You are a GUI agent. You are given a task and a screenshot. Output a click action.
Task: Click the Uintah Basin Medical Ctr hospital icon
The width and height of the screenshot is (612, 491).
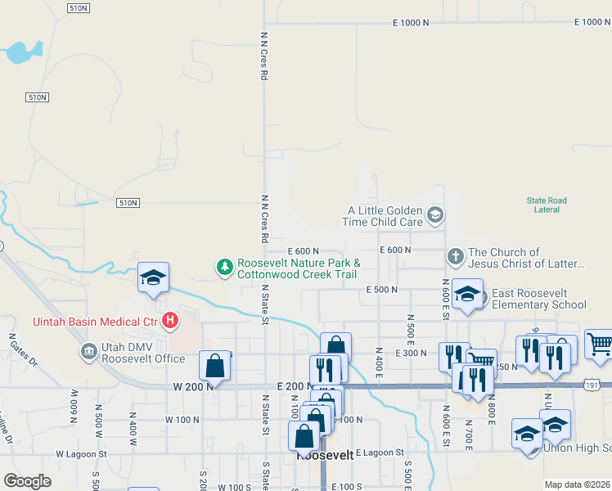[170, 321]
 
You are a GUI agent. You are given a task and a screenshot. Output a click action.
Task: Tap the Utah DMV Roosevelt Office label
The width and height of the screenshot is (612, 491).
[145, 353]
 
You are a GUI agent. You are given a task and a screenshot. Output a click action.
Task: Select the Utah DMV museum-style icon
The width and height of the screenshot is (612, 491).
[88, 352]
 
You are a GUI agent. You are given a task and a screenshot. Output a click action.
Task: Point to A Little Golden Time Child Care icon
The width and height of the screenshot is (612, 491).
[435, 215]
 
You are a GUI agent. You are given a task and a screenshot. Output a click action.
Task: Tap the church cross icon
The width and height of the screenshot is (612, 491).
[456, 258]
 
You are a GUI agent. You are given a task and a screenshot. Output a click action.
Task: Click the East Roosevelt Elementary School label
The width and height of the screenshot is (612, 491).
[538, 299]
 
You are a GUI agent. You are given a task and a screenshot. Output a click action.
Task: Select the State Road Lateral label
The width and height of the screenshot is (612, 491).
[547, 205]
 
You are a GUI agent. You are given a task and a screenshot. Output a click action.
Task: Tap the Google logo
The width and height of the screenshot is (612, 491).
[27, 481]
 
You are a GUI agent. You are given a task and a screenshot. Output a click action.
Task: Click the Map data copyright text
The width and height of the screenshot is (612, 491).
[576, 484]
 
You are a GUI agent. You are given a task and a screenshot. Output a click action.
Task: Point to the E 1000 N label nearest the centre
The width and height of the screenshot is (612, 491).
[411, 23]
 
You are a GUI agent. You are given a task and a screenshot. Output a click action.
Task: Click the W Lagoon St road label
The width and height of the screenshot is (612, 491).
[81, 453]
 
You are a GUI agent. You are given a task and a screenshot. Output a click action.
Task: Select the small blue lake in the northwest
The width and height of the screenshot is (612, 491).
[18, 54]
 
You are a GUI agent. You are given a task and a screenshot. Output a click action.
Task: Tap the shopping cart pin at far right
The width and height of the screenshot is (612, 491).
[600, 346]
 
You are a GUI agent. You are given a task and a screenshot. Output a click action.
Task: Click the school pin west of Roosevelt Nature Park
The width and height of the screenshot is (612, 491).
[153, 278]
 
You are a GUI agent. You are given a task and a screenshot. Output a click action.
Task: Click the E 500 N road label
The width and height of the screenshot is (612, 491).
[381, 290]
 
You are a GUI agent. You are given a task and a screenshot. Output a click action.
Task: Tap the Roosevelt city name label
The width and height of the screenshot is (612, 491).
[324, 456]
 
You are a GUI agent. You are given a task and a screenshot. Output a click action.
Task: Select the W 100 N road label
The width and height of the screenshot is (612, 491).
[182, 420]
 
